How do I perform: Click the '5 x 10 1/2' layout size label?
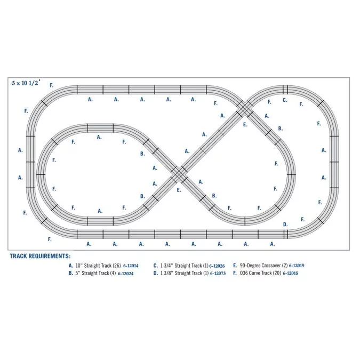pos(26,83)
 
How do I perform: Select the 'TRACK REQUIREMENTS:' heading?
pos(40,256)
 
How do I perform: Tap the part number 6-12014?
pos(131,266)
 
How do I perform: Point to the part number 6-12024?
pos(125,274)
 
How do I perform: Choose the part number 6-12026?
pos(217,266)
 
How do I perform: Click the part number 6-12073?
pos(218,273)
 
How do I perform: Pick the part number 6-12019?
pos(297,266)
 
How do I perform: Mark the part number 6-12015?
pos(291,273)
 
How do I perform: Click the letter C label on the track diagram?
pos(285,100)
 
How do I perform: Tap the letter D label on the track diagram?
pos(285,225)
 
